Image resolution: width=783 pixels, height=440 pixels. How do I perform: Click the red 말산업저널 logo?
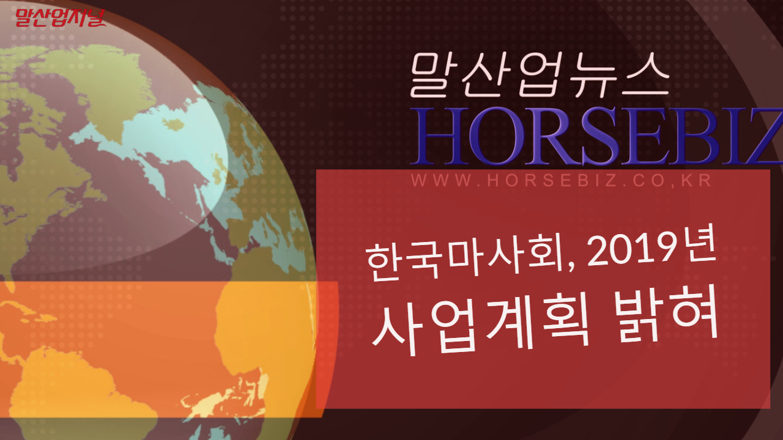pos(60,18)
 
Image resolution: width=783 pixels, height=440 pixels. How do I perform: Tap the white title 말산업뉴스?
pos(540,75)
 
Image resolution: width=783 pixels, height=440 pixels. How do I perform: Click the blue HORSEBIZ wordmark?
pos(596,136)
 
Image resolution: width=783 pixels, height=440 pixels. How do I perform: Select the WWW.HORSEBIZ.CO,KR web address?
pos(561,180)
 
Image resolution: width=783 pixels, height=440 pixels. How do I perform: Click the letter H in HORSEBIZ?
pos(439,136)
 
